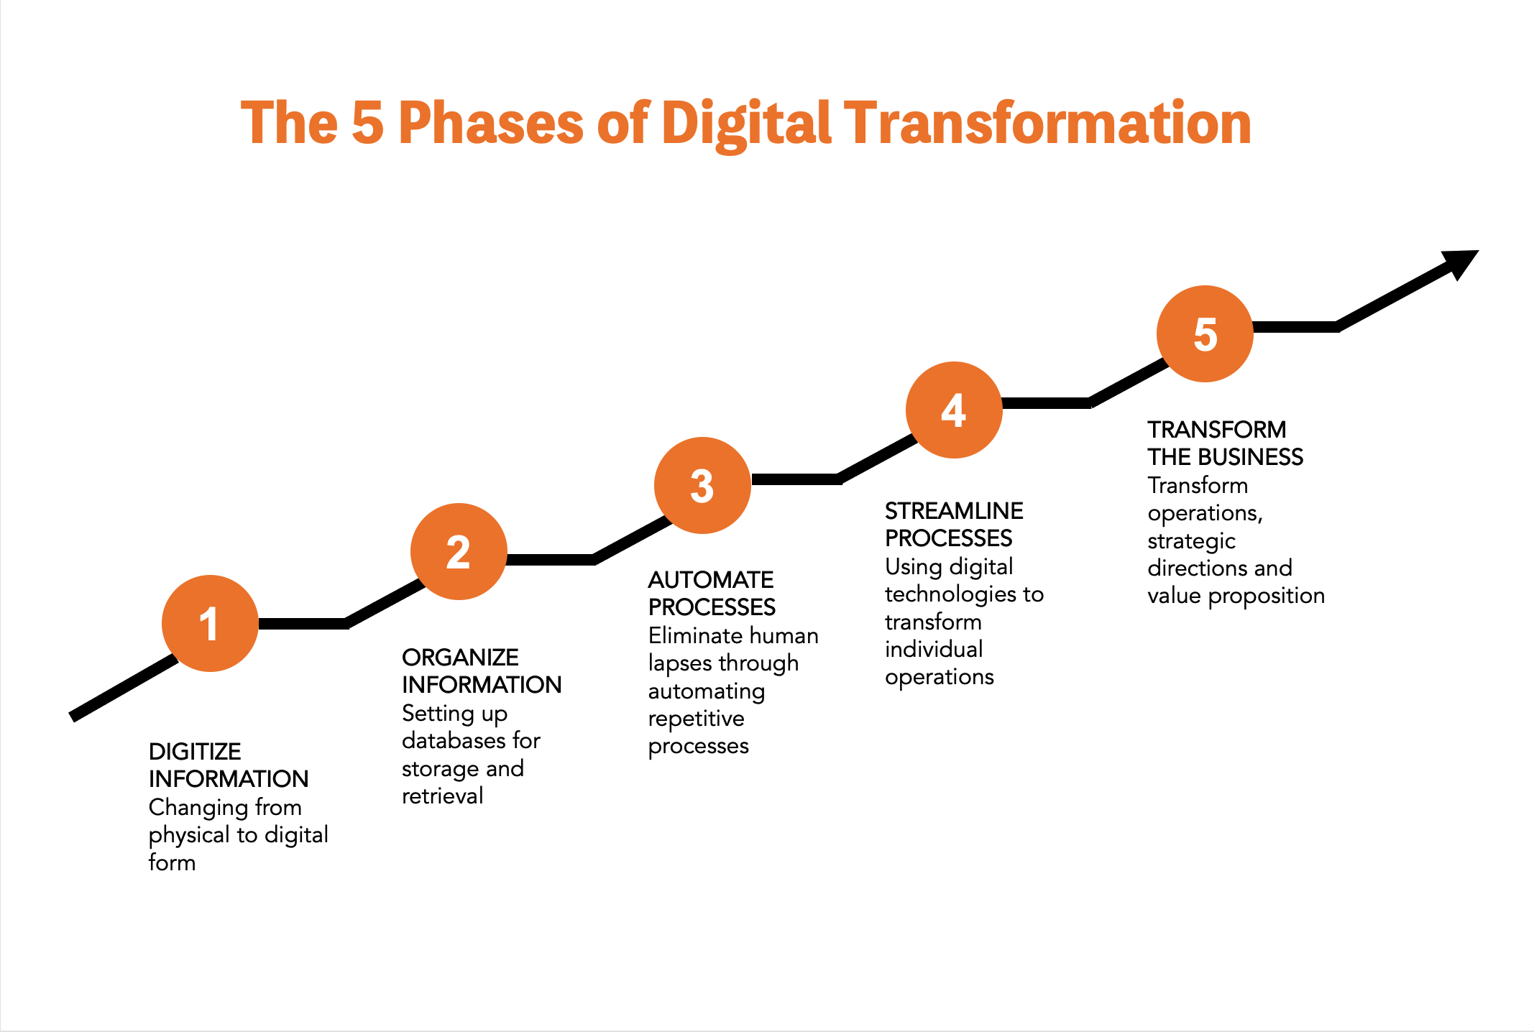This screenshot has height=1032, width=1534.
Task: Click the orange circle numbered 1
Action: tap(210, 623)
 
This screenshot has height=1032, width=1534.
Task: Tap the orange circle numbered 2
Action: tap(459, 551)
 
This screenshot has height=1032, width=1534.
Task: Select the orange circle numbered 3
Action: tap(702, 485)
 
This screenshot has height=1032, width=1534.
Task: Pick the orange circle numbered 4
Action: tap(954, 410)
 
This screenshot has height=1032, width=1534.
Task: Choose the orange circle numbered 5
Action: tap(1205, 333)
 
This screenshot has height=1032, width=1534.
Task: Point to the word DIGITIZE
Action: tap(195, 752)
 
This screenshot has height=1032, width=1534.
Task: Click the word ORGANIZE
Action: tap(460, 658)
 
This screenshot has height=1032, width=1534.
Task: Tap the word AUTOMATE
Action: tap(711, 580)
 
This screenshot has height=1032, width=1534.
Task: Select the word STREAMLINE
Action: tap(954, 511)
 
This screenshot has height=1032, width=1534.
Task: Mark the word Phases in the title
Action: tap(491, 123)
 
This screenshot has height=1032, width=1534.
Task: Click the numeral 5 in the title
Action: tap(368, 123)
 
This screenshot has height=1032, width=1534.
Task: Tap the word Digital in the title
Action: tap(746, 126)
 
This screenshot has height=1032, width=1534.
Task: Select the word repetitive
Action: tap(696, 719)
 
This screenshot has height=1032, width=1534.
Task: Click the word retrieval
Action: tap(442, 796)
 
